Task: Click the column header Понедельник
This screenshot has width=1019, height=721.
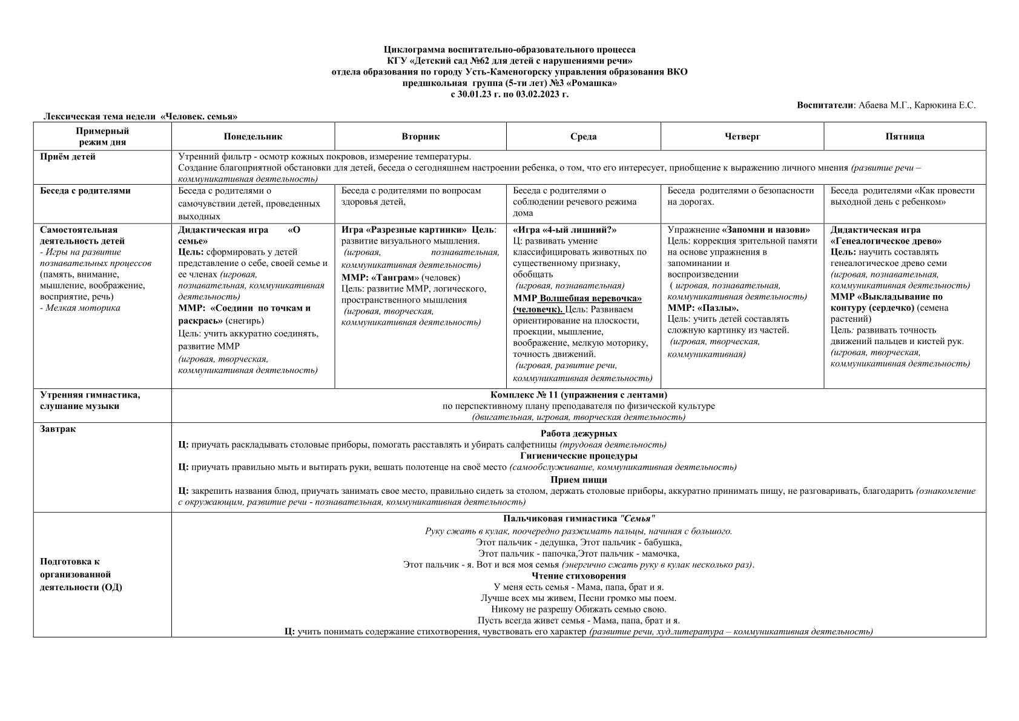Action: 252,136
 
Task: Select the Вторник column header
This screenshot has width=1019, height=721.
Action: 420,136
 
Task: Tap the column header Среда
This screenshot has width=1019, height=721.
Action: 583,136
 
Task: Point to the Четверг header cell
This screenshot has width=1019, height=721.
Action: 742,136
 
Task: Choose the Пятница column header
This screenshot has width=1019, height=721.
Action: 905,136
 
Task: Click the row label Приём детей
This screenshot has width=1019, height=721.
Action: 68,157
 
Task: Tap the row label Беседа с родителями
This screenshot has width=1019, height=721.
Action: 85,191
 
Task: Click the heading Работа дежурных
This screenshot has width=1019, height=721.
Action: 578,434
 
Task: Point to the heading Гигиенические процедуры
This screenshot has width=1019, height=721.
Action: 578,456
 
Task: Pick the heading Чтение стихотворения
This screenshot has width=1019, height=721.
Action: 578,576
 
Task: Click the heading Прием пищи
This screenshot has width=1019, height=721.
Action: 578,480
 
